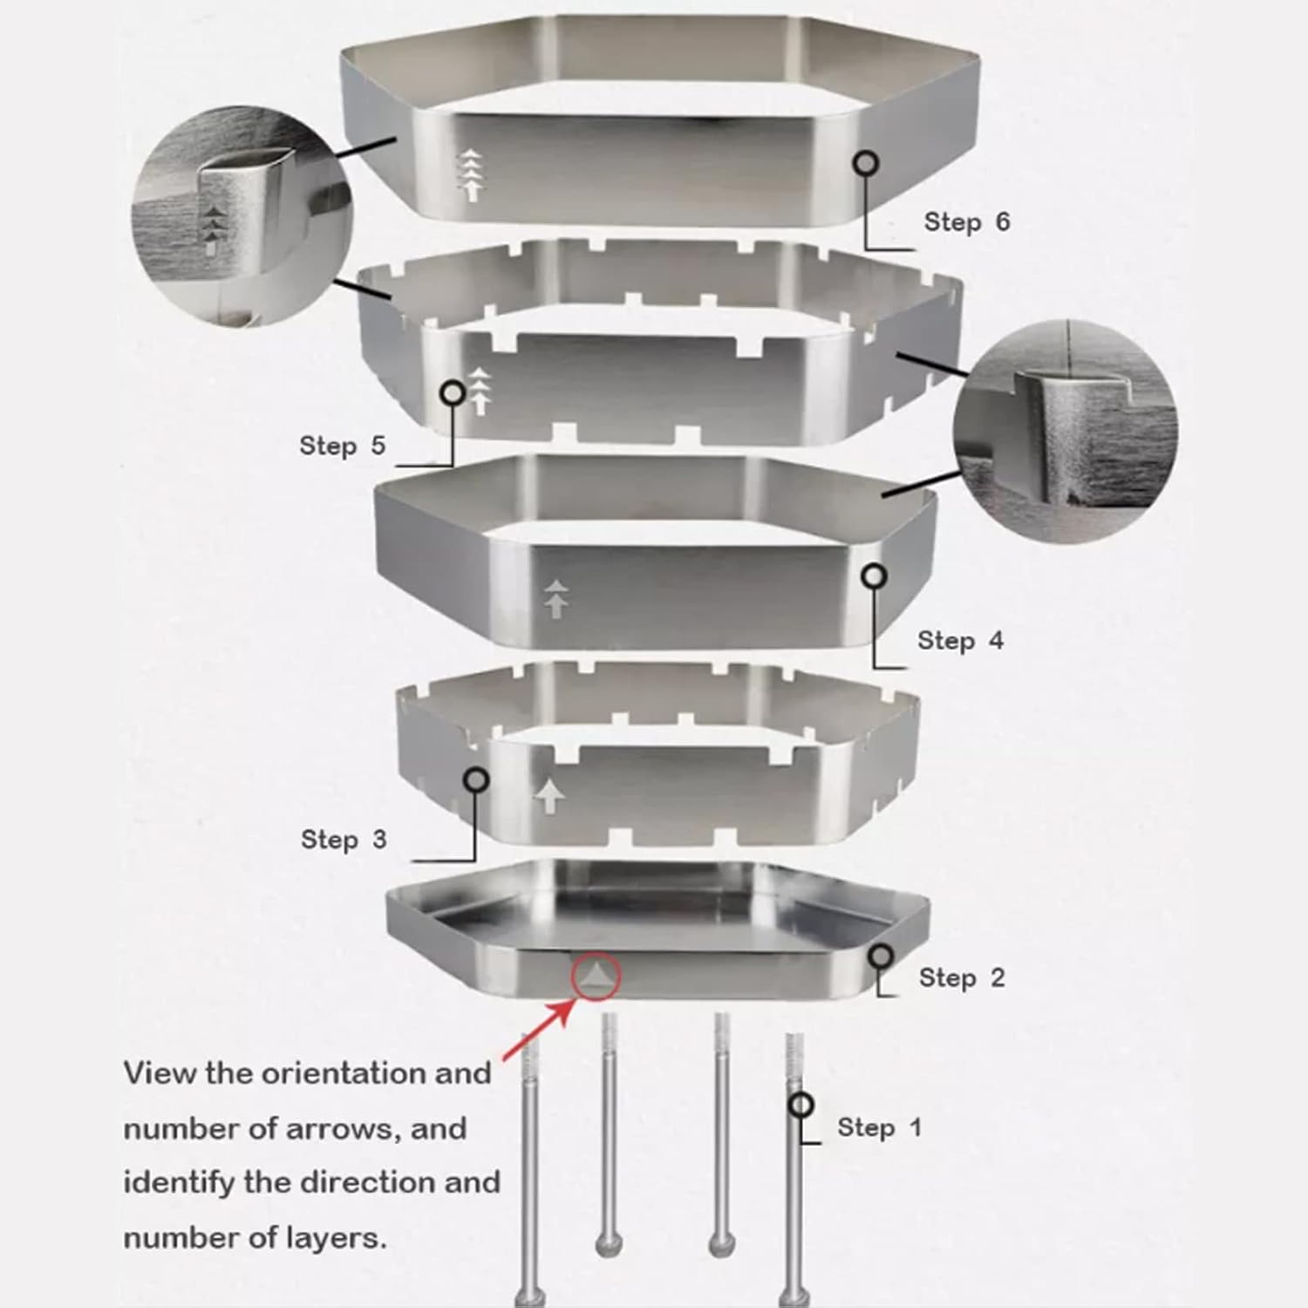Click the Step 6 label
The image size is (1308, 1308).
click(x=966, y=222)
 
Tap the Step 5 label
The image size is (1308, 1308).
click(x=342, y=446)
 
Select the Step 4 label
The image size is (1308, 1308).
click(x=960, y=641)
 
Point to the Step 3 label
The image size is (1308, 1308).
click(x=343, y=840)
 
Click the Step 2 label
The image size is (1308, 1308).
click(x=962, y=978)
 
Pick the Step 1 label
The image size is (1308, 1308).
click(x=878, y=1127)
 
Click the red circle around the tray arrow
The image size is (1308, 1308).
click(x=596, y=976)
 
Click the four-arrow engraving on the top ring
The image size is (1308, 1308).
click(x=471, y=174)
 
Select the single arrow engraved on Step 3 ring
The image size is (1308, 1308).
click(x=548, y=795)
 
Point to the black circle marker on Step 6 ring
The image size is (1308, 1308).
click(x=866, y=163)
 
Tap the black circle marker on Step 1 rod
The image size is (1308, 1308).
click(x=800, y=1106)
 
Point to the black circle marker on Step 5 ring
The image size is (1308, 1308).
click(x=453, y=392)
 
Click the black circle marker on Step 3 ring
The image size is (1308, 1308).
click(x=476, y=780)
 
